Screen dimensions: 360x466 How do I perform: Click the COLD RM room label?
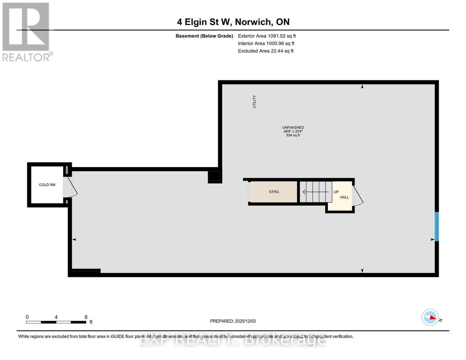(x=47, y=185)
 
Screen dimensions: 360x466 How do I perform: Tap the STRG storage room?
(x=274, y=192)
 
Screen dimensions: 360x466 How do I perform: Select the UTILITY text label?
(x=254, y=102)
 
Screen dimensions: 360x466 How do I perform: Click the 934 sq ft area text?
(x=293, y=135)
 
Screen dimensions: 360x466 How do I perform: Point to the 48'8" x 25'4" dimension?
(x=293, y=131)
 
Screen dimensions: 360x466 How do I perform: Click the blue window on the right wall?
(x=437, y=226)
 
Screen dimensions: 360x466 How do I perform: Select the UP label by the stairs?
(x=336, y=192)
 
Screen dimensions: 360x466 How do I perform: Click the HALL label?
(x=344, y=197)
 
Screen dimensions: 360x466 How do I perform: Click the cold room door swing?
(x=72, y=187)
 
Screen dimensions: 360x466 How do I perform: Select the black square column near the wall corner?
(x=214, y=176)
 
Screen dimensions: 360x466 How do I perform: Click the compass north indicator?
(x=431, y=317)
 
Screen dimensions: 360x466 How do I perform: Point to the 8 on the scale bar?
(x=86, y=317)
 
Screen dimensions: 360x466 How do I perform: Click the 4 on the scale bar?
(x=56, y=317)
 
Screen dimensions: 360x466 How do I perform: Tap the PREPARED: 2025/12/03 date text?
(x=233, y=321)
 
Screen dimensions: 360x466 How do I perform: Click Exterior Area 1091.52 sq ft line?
(x=267, y=36)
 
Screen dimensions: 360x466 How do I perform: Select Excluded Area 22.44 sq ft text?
(x=266, y=51)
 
